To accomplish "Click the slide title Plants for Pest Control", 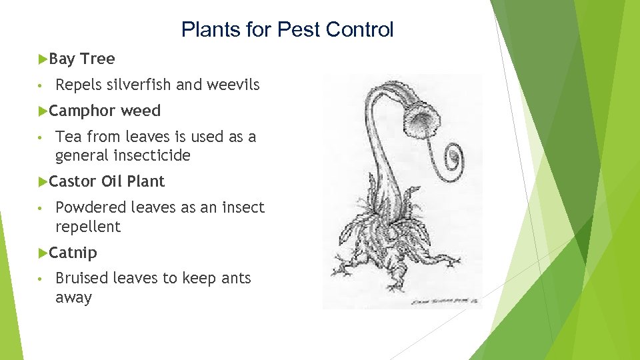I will tap(287, 29).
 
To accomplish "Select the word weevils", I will tap(233, 85).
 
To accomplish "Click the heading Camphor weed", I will tap(105, 111).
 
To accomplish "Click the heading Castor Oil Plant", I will tap(107, 181).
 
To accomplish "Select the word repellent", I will tap(88, 227).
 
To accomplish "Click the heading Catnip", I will tap(73, 253).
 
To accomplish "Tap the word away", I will tap(73, 297).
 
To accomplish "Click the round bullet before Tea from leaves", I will tap(41, 137).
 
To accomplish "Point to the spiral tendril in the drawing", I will tap(451, 159).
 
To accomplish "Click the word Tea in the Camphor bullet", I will tap(67, 137).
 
